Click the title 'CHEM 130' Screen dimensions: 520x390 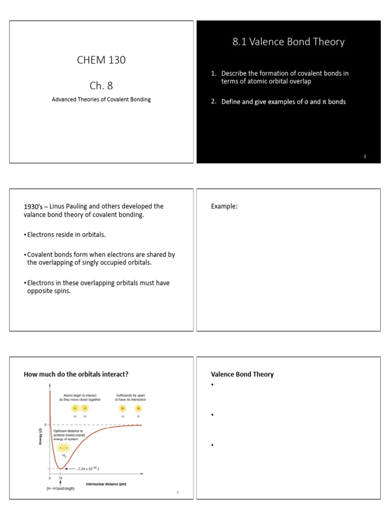pyautogui.click(x=101, y=60)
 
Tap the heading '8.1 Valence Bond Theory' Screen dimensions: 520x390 pyautogui.click(x=288, y=42)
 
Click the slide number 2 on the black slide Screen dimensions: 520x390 pyautogui.click(x=365, y=156)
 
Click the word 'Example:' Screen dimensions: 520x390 pyautogui.click(x=224, y=206)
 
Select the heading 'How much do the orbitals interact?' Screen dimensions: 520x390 pyautogui.click(x=76, y=374)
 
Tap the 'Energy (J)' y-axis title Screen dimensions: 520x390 pyautogui.click(x=41, y=437)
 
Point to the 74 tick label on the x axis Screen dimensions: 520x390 pyautogui.click(x=60, y=478)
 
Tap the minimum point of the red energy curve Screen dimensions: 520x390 pyautogui.click(x=60, y=468)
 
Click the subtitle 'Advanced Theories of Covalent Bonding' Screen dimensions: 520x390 pyautogui.click(x=101, y=100)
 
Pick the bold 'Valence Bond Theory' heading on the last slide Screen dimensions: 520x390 pyautogui.click(x=242, y=374)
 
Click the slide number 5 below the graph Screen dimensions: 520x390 pyautogui.click(x=178, y=492)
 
